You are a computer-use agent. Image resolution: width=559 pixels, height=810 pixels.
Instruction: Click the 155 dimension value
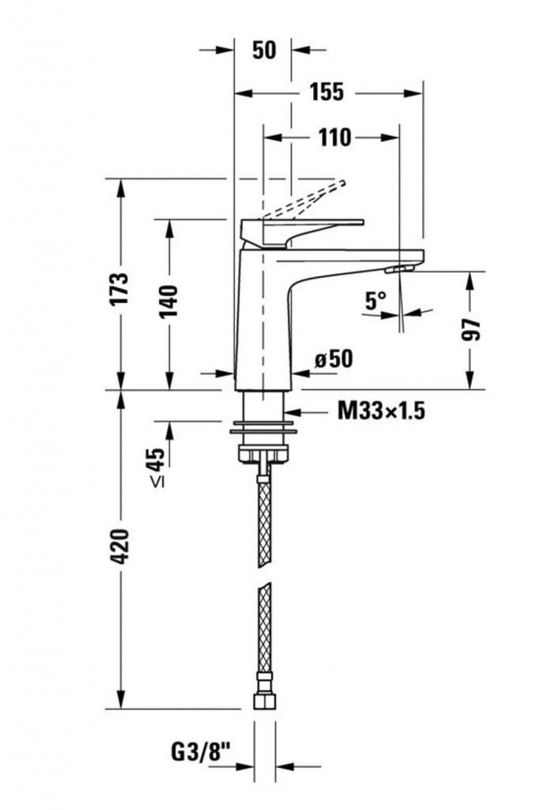pos(327,92)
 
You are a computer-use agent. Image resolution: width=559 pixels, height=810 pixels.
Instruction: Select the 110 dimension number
pos(334,138)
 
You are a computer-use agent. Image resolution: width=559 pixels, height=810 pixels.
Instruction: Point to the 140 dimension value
pos(169,301)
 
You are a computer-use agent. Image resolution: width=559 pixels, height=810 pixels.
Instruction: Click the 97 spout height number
pos(470,330)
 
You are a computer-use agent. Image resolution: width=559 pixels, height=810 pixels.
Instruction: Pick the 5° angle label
pos(376,301)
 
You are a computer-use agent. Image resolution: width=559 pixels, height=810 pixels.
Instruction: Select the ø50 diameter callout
pos(334,358)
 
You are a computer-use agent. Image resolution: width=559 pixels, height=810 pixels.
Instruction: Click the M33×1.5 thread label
pos(381,411)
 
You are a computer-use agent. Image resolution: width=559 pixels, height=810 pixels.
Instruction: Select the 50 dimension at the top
pos(264,50)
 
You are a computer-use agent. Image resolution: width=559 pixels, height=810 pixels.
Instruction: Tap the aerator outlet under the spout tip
pos(399,269)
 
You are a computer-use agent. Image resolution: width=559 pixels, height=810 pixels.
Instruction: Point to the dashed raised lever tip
pos(342,183)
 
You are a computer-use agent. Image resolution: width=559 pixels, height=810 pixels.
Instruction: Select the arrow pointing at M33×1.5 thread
pos(307,411)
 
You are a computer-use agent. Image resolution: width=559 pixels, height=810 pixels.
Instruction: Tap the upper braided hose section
pos(264,522)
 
